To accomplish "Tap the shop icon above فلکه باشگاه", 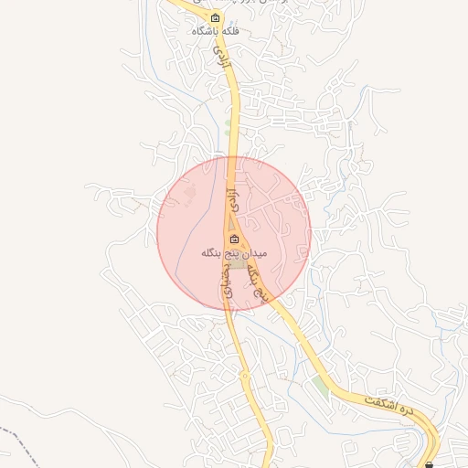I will coord(215,17).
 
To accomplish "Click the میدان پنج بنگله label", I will coord(233,251).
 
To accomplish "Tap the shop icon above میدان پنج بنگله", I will coord(233,239).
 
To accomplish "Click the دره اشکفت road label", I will coord(388,405).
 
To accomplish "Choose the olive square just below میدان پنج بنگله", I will coord(237,263).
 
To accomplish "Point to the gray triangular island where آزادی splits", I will coord(234,219).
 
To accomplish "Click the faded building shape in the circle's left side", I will coord(189,193).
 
